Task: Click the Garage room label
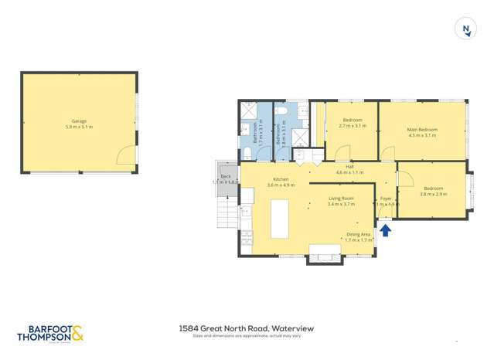pyautogui.click(x=79, y=121)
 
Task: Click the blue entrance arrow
pyautogui.click(x=386, y=229)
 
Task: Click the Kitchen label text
pyautogui.click(x=281, y=179)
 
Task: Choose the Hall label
pyautogui.click(x=349, y=166)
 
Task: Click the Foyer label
pyautogui.click(x=386, y=199)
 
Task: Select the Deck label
pyautogui.click(x=226, y=176)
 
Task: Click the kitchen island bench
pyautogui.click(x=279, y=219)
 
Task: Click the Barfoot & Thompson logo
pyautogui.click(x=50, y=334)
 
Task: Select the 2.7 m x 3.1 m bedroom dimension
pyautogui.click(x=353, y=126)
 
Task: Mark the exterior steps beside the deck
pyautogui.click(x=227, y=213)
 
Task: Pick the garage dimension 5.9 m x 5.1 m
pyautogui.click(x=79, y=126)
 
